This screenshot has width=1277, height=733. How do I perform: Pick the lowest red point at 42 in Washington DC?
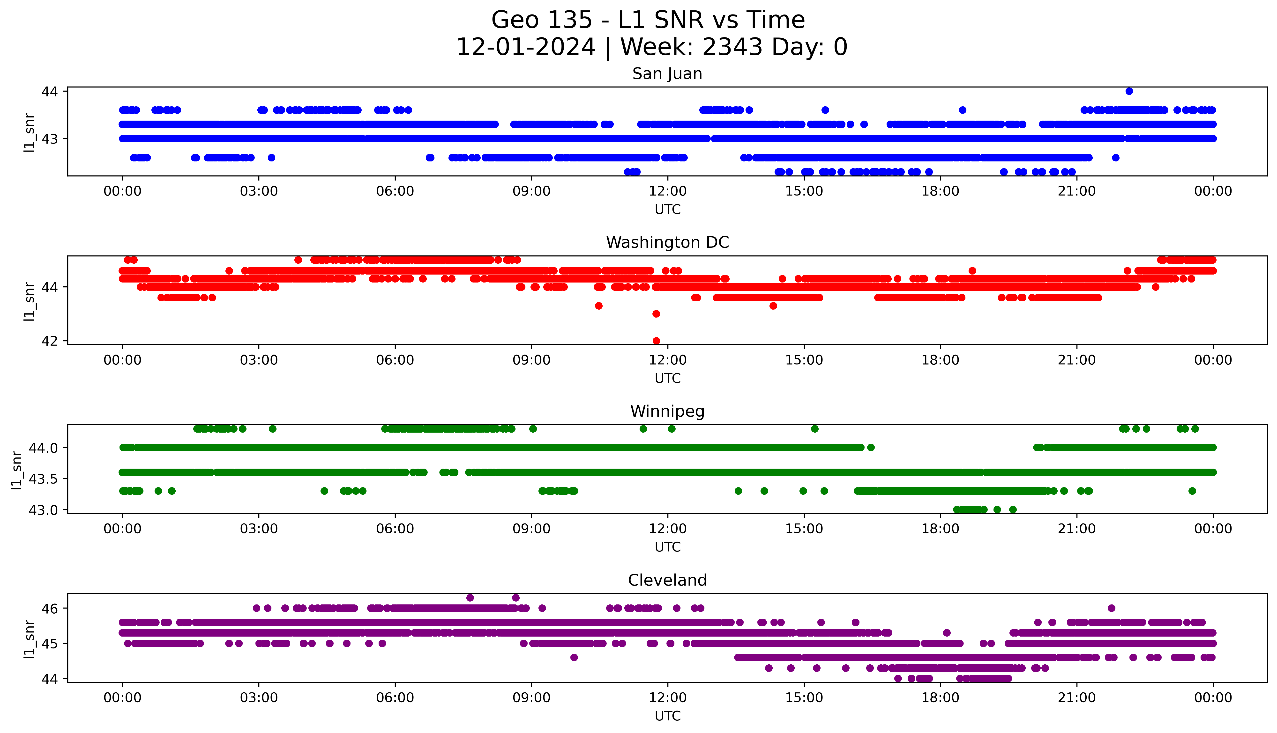(x=656, y=341)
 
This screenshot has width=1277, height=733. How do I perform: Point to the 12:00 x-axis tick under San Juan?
(x=667, y=191)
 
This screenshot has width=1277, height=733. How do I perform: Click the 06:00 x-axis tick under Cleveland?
(x=395, y=698)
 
